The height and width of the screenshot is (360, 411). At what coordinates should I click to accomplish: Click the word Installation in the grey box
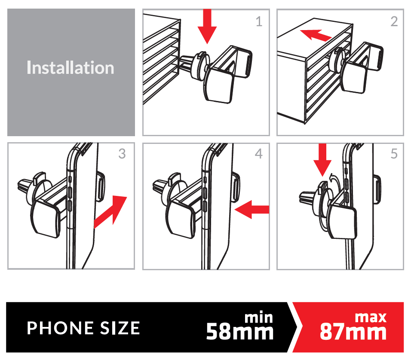click(x=70, y=67)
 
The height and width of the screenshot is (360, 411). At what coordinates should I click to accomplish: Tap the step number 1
click(x=259, y=21)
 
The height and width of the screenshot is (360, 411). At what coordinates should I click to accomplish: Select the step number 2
click(x=394, y=21)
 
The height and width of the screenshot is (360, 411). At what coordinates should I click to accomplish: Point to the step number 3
click(x=122, y=154)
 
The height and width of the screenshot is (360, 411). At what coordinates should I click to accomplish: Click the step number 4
click(x=259, y=154)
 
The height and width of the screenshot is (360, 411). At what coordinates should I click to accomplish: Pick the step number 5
click(x=394, y=154)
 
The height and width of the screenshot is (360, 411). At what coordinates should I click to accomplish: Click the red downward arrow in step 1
click(x=207, y=26)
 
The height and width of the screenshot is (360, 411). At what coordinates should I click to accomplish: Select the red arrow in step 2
click(x=316, y=35)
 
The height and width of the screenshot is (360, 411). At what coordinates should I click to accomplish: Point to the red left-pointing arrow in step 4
click(x=252, y=210)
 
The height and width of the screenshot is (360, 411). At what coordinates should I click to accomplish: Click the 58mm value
click(x=239, y=332)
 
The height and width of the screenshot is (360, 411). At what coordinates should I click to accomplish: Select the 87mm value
click(x=353, y=332)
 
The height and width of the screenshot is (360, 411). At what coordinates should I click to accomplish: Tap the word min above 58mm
click(x=259, y=317)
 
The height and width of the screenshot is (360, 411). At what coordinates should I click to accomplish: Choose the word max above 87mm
click(x=371, y=317)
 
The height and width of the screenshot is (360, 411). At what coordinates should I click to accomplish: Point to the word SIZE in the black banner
click(x=120, y=328)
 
